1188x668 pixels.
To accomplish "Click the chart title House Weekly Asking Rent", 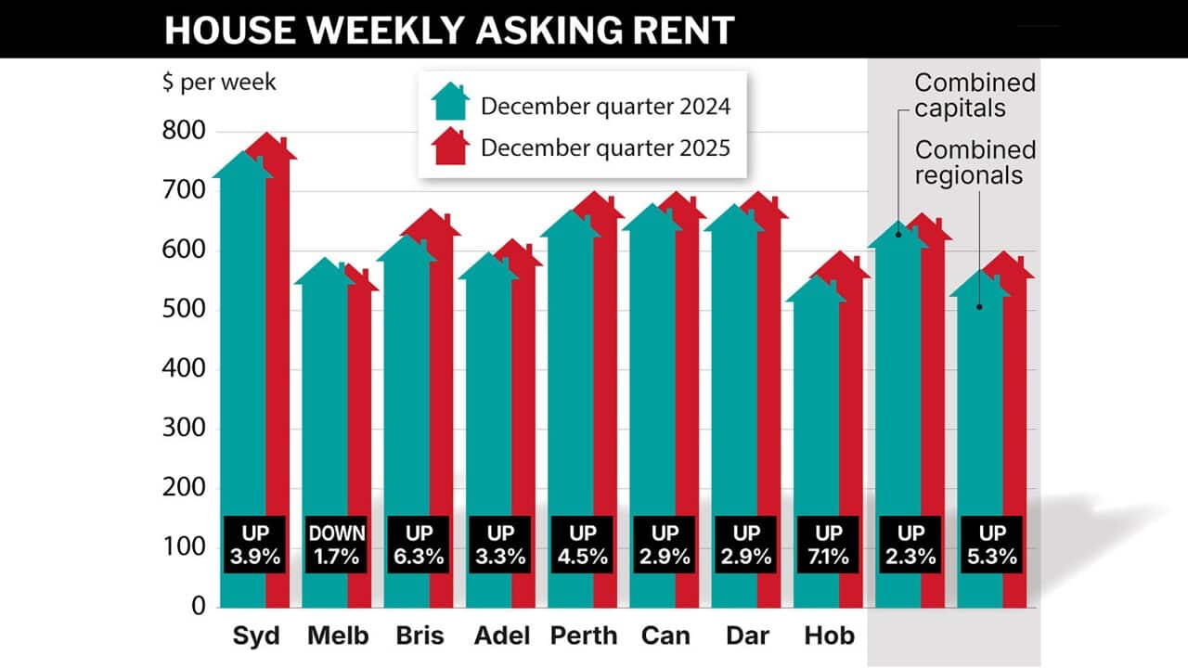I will pyautogui.click(x=449, y=30).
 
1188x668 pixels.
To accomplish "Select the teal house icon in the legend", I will pyautogui.click(x=452, y=102).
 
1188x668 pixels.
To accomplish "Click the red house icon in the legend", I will pyautogui.click(x=452, y=147).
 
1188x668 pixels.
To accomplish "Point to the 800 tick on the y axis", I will pyautogui.click(x=184, y=132).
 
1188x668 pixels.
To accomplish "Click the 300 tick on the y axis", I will pyautogui.click(x=184, y=429).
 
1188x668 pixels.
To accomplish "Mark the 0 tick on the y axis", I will pyautogui.click(x=198, y=607).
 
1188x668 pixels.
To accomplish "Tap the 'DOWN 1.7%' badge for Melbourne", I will pyautogui.click(x=337, y=546).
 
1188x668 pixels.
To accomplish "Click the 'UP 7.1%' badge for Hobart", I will pyautogui.click(x=828, y=546).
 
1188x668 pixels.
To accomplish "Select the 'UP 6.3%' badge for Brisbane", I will pyautogui.click(x=419, y=546).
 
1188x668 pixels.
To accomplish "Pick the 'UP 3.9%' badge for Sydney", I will pyautogui.click(x=255, y=546).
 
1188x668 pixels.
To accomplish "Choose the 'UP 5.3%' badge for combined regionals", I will pyautogui.click(x=991, y=546).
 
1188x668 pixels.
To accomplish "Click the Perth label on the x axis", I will pyautogui.click(x=583, y=636).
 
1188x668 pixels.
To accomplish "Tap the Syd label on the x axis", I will pyautogui.click(x=256, y=636).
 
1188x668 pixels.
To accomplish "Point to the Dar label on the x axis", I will pyautogui.click(x=746, y=636).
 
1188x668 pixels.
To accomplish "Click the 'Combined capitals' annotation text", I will pyautogui.click(x=975, y=96).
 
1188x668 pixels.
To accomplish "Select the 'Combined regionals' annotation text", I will pyautogui.click(x=975, y=161).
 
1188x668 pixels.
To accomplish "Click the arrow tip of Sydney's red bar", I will pyautogui.click(x=270, y=135).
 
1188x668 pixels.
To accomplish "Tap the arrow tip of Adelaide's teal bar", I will pyautogui.click(x=488, y=254).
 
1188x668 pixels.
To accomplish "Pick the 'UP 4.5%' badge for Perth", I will pyautogui.click(x=583, y=546).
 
